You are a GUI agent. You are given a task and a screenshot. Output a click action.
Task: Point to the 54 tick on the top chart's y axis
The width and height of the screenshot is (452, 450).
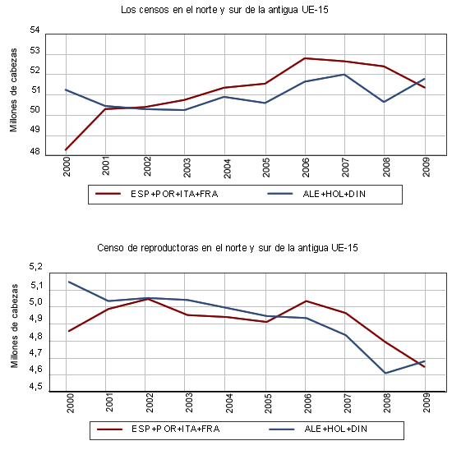(x=35, y=30)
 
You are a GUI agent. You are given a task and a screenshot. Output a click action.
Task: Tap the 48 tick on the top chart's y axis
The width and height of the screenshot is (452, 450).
(x=35, y=151)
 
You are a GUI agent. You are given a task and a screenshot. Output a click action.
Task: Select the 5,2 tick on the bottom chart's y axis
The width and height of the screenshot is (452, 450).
(x=35, y=267)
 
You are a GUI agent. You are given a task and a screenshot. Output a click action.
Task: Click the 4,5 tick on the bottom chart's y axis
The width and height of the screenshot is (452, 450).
(x=35, y=386)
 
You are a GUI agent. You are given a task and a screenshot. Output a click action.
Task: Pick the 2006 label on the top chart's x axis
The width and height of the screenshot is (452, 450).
(x=305, y=168)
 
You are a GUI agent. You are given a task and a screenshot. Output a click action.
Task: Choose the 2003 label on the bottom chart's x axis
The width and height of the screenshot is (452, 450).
(x=188, y=402)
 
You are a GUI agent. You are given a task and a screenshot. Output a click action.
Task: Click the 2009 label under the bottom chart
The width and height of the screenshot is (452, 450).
(x=426, y=402)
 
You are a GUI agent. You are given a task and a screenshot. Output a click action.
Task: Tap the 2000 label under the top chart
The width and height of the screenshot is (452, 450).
(x=67, y=167)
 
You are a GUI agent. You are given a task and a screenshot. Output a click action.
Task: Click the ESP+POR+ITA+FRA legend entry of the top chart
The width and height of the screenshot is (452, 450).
(x=157, y=194)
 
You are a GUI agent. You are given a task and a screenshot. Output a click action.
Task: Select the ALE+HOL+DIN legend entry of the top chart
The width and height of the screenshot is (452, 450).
(x=316, y=194)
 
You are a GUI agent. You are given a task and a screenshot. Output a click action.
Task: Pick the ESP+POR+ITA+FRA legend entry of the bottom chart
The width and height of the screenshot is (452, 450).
(x=159, y=429)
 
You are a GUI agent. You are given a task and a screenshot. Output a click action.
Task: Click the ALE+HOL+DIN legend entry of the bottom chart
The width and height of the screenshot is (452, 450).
(x=318, y=429)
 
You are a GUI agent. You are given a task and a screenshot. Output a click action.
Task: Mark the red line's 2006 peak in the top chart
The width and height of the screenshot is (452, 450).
(x=305, y=58)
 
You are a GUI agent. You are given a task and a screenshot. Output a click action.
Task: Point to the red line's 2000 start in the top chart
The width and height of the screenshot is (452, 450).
(x=66, y=149)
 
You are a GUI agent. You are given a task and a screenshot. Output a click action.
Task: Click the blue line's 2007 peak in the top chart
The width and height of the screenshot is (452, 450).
(x=344, y=75)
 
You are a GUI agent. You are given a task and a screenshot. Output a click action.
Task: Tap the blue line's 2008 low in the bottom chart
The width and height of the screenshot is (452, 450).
(x=385, y=373)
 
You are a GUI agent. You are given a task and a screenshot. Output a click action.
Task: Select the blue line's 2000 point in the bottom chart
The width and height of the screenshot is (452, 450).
(x=69, y=282)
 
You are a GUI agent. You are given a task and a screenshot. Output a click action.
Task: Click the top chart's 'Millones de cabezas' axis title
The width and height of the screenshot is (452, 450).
(x=13, y=90)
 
